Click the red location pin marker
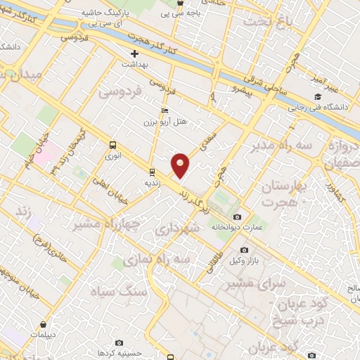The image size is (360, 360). (181, 165)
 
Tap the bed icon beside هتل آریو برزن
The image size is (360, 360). (165, 110)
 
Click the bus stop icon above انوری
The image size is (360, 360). (112, 145)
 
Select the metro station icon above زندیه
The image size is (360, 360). (153, 172)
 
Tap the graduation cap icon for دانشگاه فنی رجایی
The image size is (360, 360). (318, 96)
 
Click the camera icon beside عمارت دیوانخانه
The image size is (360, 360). (237, 217)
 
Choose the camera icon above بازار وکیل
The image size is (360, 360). (244, 250)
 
